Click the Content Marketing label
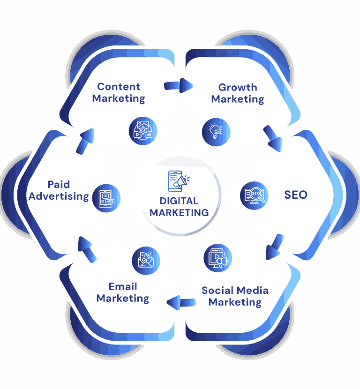119,92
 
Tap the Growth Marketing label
238,93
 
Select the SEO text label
296,195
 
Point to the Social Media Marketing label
235,296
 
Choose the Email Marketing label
123,292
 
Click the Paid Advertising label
59,190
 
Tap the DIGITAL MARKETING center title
179,207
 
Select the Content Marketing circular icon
143,131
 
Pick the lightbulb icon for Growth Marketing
216,132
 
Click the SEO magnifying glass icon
255,195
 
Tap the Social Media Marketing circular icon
218,258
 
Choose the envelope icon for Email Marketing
146,261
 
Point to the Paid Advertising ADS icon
106,198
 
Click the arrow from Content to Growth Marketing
179,86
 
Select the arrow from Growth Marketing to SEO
273,138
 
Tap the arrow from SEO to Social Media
275,247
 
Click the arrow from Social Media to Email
181,303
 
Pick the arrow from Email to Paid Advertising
87,250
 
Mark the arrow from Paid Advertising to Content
85,142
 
